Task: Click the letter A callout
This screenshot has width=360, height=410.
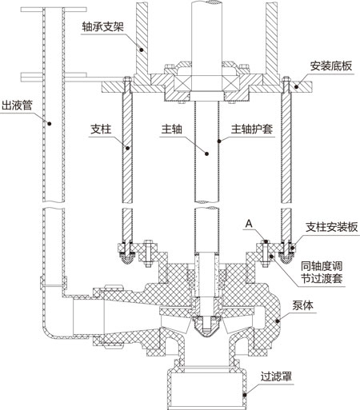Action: (x=251, y=226)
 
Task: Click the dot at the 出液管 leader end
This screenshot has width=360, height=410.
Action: (x=48, y=124)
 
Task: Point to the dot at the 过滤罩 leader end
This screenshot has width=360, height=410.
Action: (x=247, y=392)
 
